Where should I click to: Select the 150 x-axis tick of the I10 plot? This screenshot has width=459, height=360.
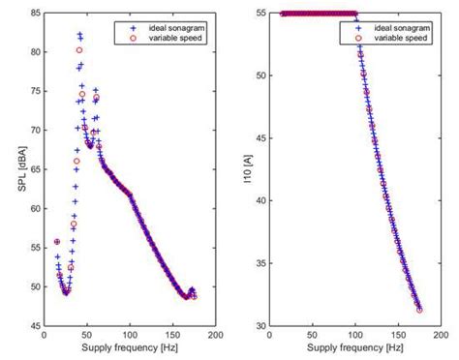click(x=391, y=334)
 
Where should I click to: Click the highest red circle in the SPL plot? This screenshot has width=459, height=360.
click(x=79, y=49)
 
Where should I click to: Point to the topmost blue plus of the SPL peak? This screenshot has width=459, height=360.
click(x=79, y=33)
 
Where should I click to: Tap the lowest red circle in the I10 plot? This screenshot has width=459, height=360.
click(x=419, y=310)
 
